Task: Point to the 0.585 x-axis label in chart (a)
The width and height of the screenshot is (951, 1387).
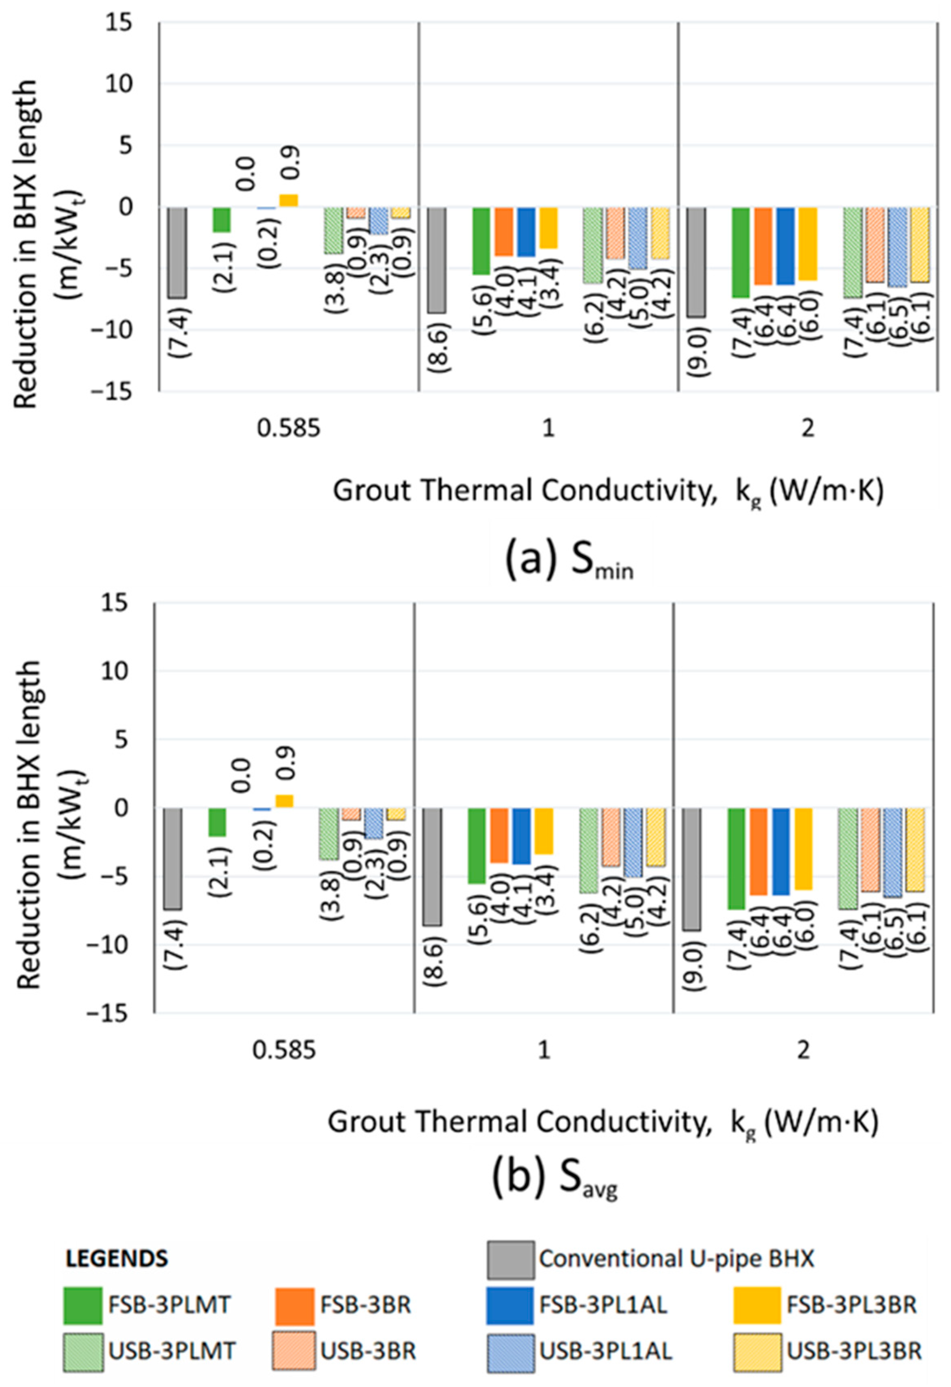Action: click(289, 429)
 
